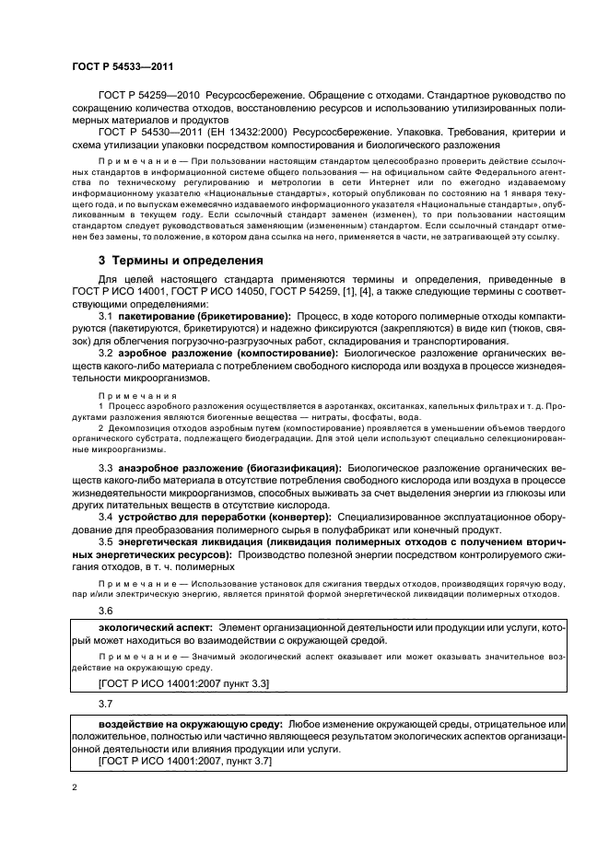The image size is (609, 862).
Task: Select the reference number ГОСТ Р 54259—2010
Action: point(148,95)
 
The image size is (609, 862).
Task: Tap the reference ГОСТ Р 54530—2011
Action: point(148,133)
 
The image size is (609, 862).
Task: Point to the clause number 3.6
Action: point(105,611)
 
